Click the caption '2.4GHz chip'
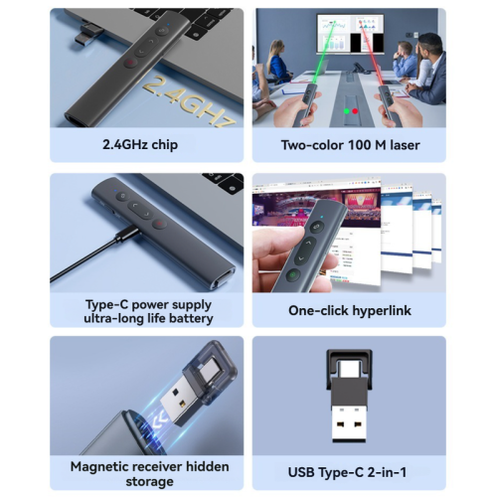point(146,144)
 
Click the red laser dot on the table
point(354,110)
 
